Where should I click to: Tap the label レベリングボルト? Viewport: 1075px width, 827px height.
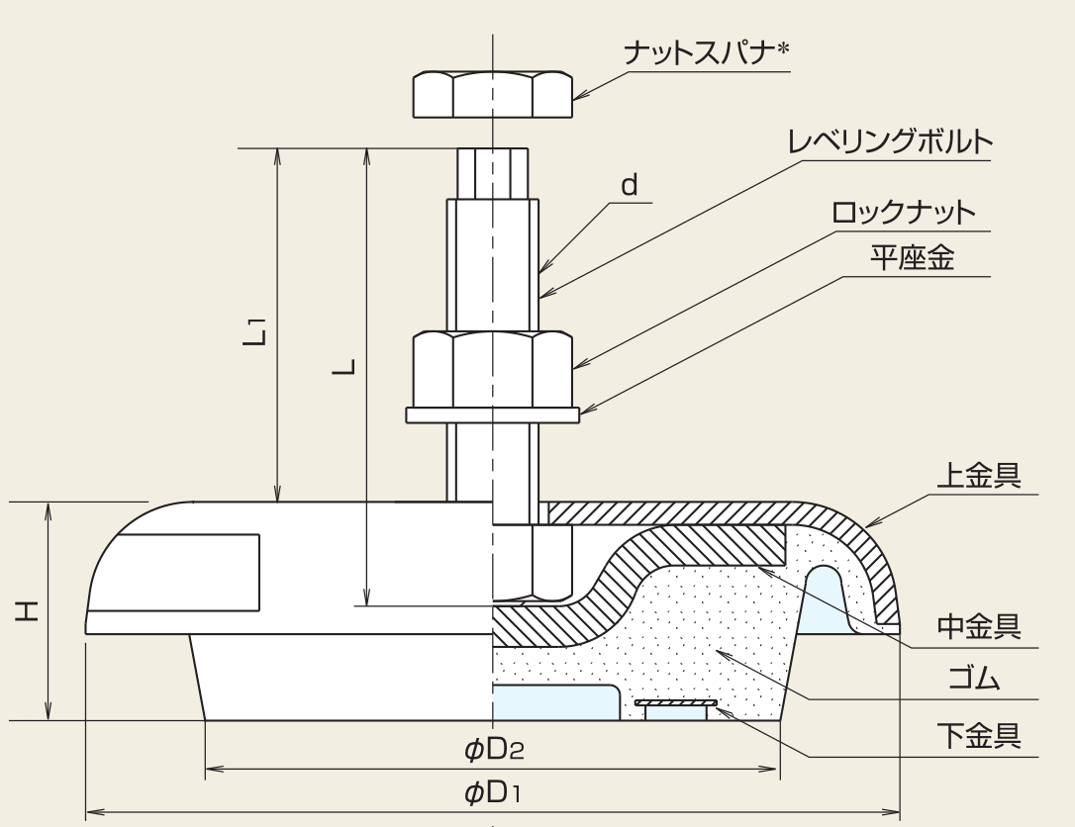889,141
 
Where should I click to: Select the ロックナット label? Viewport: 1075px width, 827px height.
903,212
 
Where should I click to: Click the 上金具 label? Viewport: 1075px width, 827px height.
978,477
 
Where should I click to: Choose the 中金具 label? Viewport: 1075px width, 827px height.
978,626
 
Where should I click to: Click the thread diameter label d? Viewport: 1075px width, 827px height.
630,185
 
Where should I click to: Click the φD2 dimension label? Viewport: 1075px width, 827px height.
493,750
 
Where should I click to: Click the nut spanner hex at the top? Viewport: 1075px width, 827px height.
492,95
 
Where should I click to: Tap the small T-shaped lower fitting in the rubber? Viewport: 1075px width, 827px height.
675,707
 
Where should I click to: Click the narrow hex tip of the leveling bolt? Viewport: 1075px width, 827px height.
492,173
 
